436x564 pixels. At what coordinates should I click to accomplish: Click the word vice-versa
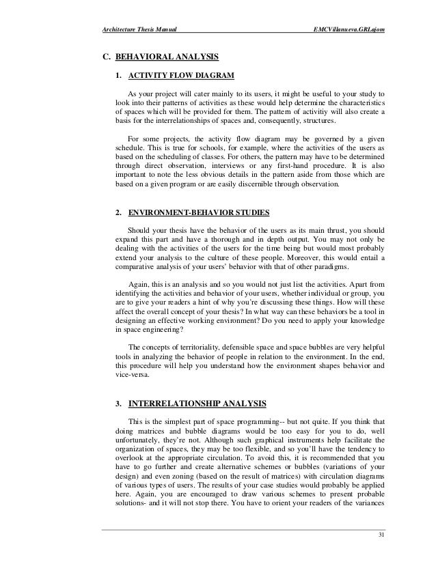coord(131,374)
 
